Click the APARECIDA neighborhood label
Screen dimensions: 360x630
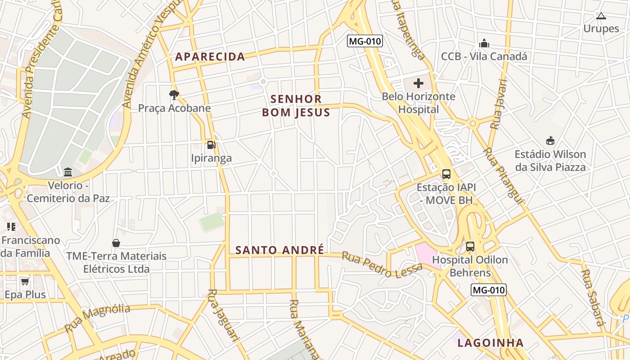(x=210, y=57)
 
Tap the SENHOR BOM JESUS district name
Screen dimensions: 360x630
(x=296, y=106)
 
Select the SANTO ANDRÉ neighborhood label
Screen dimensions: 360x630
(x=280, y=250)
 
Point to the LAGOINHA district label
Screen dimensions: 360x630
(x=490, y=343)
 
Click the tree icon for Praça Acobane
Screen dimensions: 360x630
(x=174, y=94)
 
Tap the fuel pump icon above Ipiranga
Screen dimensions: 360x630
(x=211, y=145)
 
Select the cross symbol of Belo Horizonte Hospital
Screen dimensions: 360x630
(x=418, y=83)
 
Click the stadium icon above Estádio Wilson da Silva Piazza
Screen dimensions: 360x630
(x=550, y=141)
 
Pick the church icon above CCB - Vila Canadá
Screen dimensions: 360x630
(x=484, y=44)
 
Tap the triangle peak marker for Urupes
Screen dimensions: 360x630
(x=601, y=16)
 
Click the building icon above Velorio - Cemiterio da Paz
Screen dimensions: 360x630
(x=68, y=172)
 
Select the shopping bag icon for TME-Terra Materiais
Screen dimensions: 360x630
(x=116, y=243)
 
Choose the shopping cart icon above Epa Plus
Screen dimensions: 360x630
(x=25, y=281)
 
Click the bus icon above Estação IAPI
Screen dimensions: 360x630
(x=446, y=174)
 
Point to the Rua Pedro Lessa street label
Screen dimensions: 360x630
(x=382, y=265)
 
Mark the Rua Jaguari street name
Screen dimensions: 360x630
(x=223, y=315)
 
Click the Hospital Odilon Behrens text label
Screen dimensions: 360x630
(x=470, y=266)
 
